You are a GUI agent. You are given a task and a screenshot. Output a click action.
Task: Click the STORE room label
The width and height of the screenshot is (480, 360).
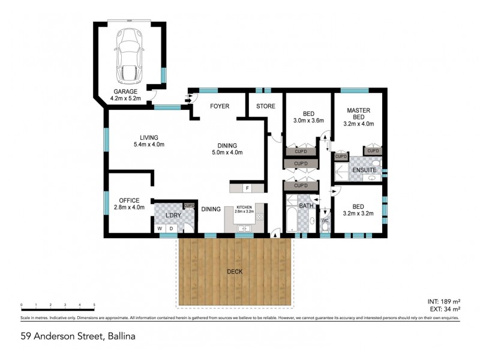tap(266, 106)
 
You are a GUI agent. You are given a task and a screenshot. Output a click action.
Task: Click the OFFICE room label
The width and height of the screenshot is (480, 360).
tap(129, 200)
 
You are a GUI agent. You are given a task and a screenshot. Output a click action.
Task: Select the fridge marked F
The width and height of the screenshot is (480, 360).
tap(247, 188)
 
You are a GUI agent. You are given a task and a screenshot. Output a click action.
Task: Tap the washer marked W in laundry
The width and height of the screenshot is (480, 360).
tap(160, 229)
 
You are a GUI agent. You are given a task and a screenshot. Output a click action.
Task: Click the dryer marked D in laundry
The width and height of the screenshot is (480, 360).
tap(171, 229)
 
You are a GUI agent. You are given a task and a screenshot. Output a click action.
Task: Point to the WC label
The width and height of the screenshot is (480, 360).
tap(325, 221)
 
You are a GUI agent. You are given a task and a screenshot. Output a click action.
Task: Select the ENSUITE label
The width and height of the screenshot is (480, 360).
tap(364, 170)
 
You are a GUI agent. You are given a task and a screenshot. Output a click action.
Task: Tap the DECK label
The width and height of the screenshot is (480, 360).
tap(234, 271)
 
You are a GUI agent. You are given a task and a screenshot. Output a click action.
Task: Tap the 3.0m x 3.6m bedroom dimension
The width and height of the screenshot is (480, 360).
tap(308, 121)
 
